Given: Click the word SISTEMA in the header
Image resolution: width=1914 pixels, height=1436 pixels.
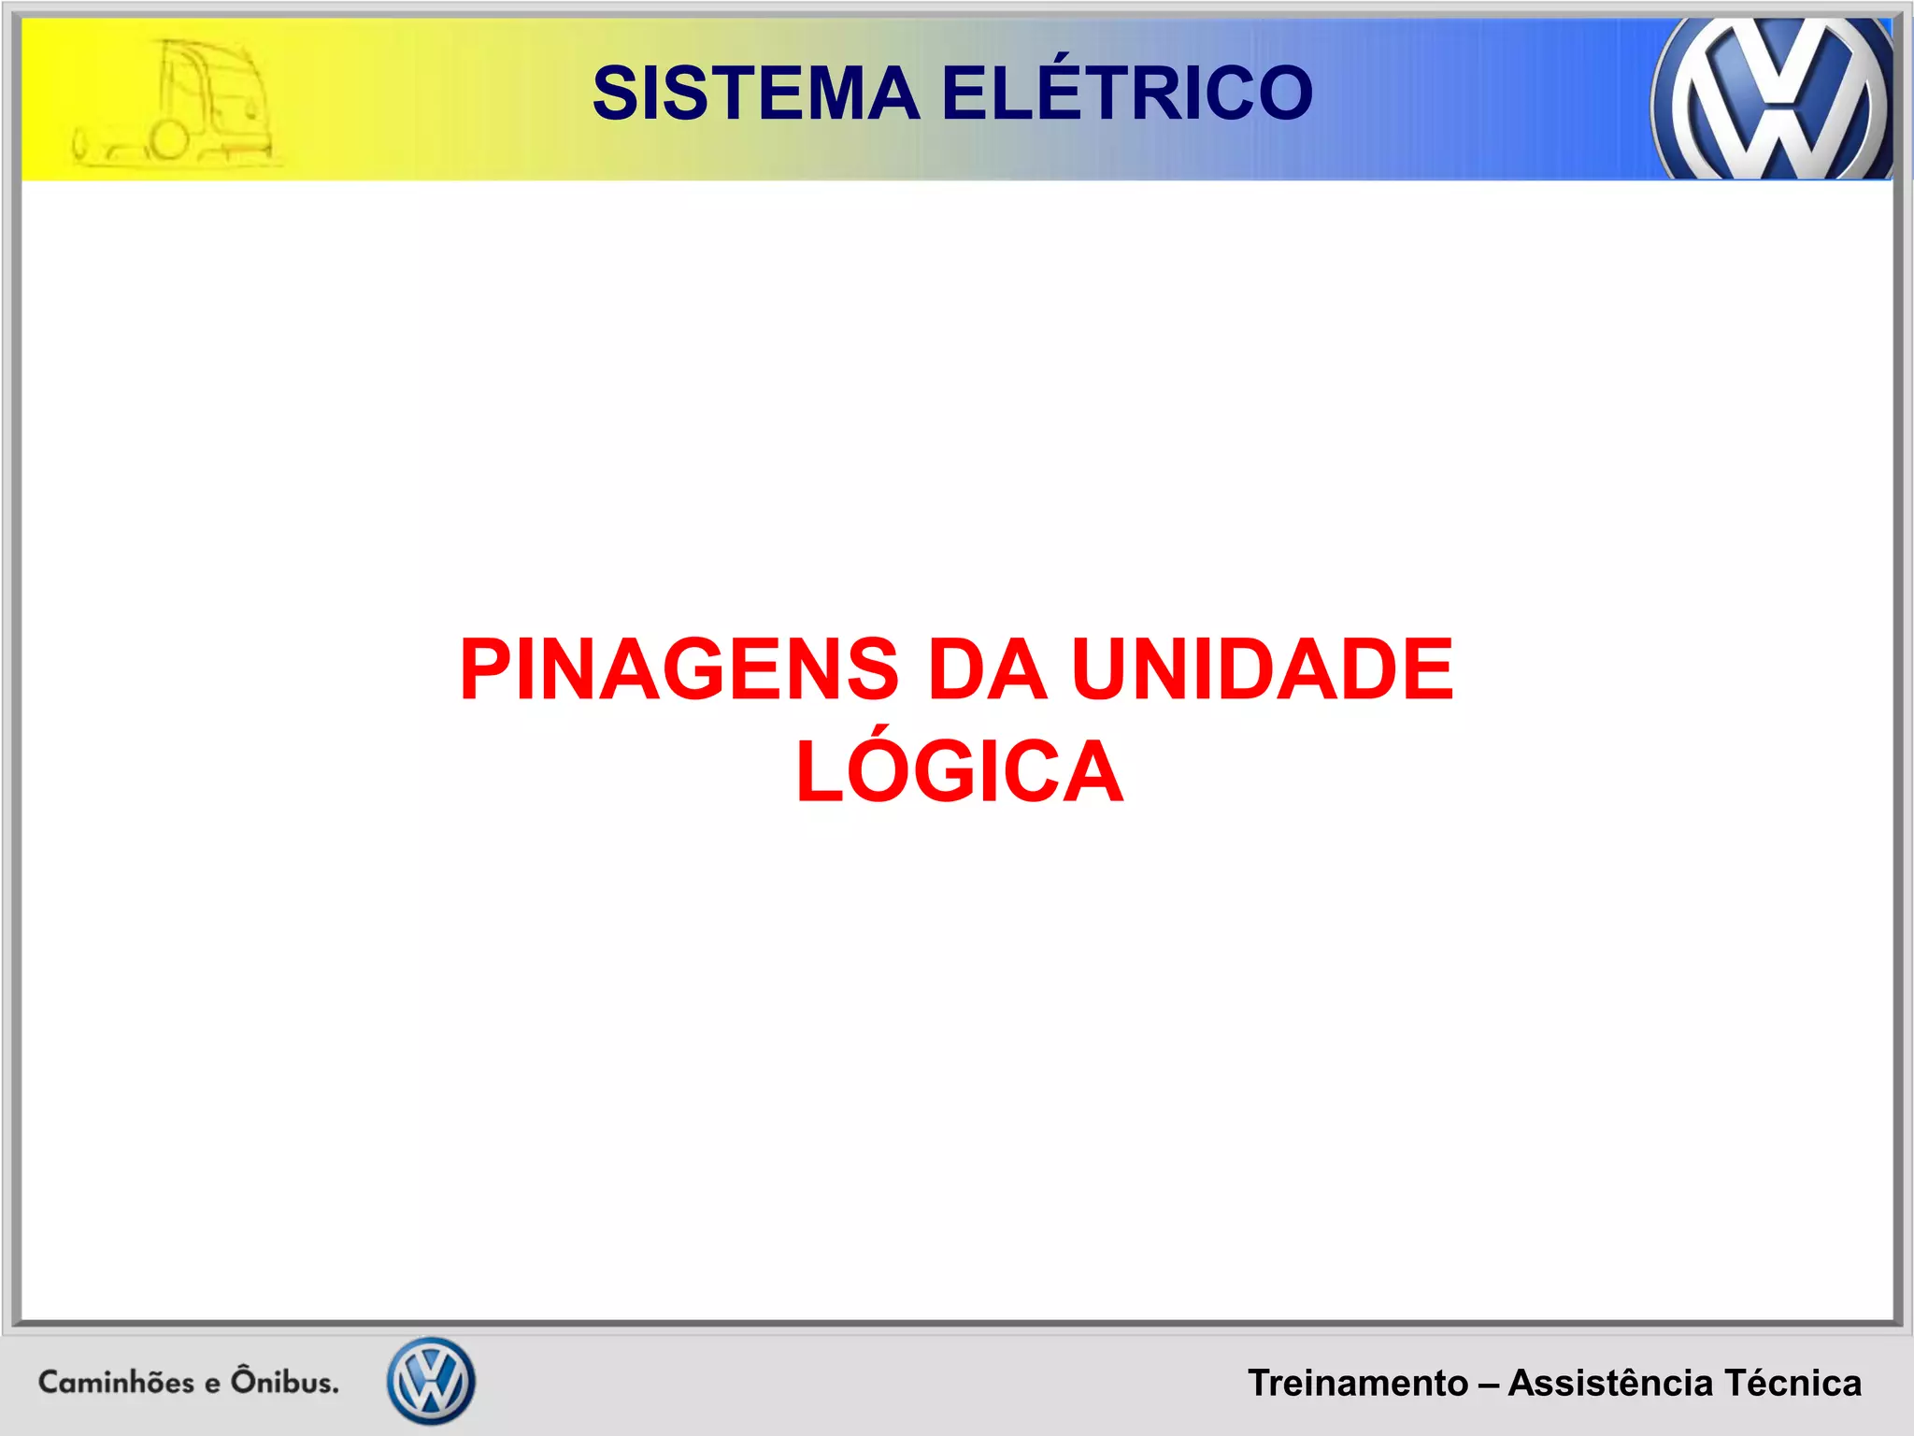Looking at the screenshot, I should pyautogui.click(x=756, y=93).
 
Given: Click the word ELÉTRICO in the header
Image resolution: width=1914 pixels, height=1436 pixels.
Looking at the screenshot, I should pyautogui.click(x=1127, y=93).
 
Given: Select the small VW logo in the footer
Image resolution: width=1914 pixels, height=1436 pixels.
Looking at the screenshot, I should pyautogui.click(x=431, y=1381).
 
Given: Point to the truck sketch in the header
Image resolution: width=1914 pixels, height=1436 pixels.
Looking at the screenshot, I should pyautogui.click(x=174, y=105).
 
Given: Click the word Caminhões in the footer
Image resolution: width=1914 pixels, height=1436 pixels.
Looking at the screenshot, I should pyautogui.click(x=116, y=1382).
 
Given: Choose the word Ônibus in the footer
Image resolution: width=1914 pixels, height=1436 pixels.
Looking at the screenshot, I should pyautogui.click(x=285, y=1381).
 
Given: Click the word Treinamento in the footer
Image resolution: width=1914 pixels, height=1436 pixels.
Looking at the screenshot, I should pyautogui.click(x=1357, y=1383).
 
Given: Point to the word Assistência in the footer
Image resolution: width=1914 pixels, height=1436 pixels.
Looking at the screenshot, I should pyautogui.click(x=1610, y=1383).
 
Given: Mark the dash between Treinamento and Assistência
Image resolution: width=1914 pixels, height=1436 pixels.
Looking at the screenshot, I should pyautogui.click(x=1488, y=1384).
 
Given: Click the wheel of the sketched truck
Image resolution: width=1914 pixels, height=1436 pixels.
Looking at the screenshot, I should pyautogui.click(x=169, y=141).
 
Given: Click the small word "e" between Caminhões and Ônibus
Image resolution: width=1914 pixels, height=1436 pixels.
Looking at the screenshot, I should pyautogui.click(x=212, y=1384).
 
